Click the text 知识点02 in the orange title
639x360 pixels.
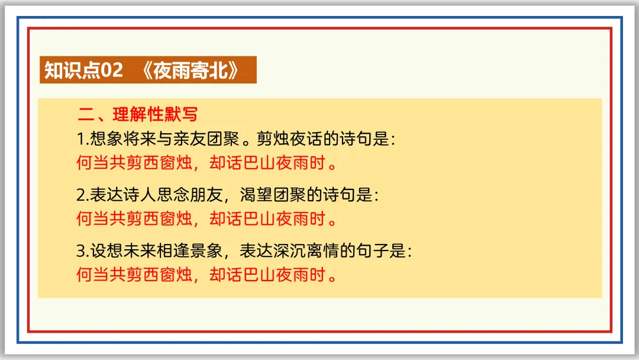point(83,70)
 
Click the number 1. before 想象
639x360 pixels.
point(82,139)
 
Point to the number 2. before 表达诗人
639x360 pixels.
point(82,195)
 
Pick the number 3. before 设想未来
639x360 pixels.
point(82,250)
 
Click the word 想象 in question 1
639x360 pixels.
point(104,139)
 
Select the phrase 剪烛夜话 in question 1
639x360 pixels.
point(286,139)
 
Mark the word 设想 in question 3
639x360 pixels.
point(104,250)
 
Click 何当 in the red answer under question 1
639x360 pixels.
point(92,162)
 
